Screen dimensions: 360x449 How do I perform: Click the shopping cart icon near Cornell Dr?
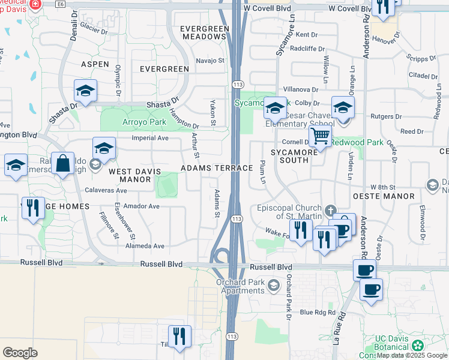pos(321,136)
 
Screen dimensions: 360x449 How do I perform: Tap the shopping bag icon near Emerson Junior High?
pos(62,163)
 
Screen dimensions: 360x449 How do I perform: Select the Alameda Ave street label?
pos(145,246)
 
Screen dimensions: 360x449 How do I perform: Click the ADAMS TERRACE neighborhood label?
pos(217,169)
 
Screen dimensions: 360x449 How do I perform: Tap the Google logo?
pos(20,353)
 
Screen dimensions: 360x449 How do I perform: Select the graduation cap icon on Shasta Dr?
pos(85,91)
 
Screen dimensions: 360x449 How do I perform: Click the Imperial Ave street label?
pos(150,138)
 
